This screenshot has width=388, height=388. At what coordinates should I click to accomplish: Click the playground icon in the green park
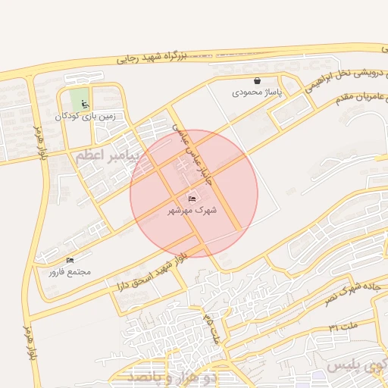(85, 105)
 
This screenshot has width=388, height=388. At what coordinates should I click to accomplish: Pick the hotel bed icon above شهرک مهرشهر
(190, 199)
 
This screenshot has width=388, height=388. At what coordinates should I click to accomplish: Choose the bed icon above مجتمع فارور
(70, 260)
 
